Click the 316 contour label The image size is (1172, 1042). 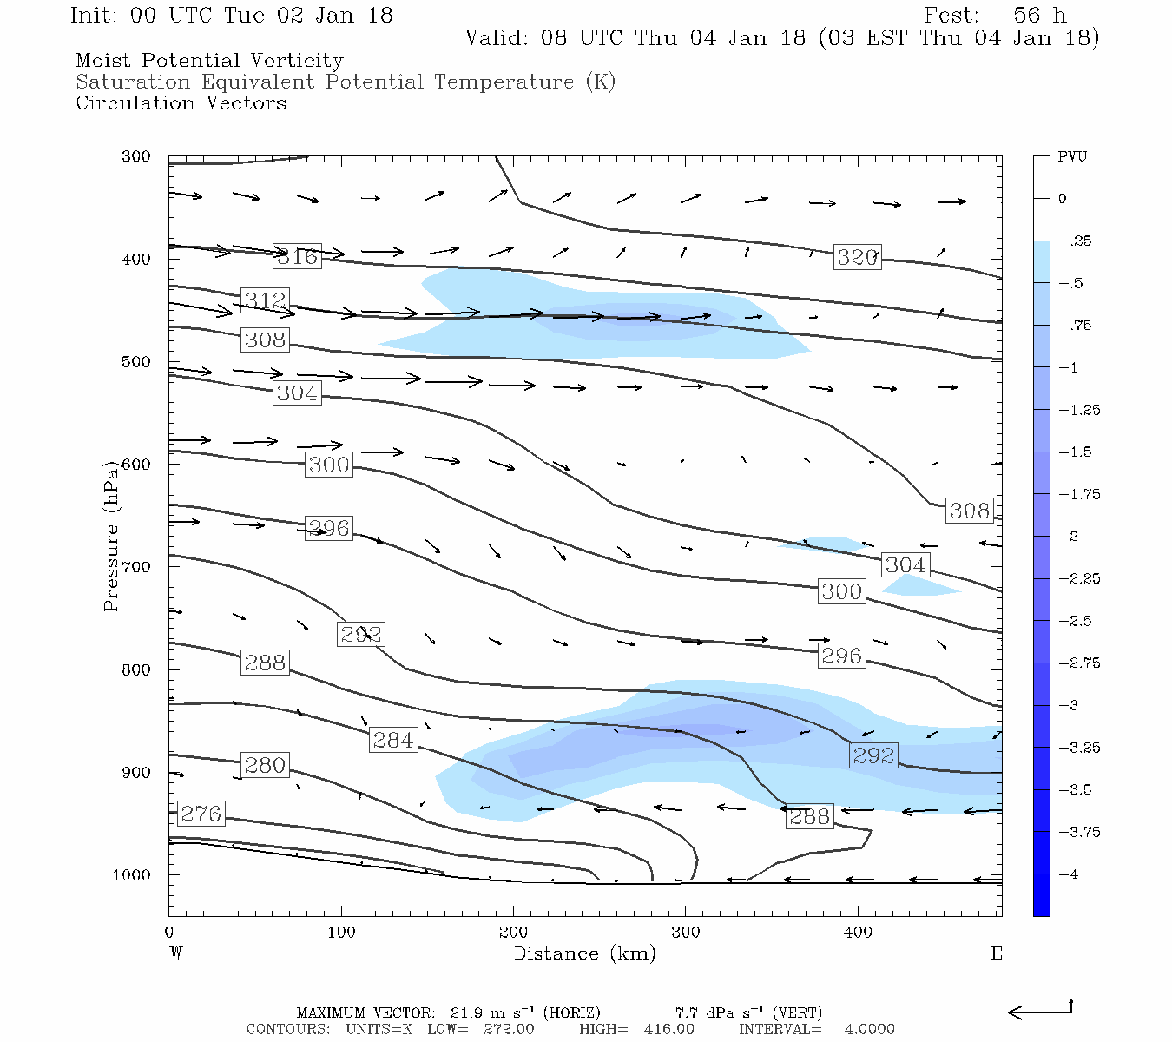pos(297,256)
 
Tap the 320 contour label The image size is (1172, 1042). pos(857,257)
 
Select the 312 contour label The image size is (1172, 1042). pos(265,300)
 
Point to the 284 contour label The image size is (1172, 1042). pos(393,740)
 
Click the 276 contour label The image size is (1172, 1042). pos(201,814)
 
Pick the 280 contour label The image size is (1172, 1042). pos(265,765)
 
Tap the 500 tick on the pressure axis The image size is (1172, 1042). pos(136,362)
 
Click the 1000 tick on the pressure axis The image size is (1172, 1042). pos(132,875)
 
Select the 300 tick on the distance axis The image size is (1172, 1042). pos(686,933)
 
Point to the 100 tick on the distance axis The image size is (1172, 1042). pos(341,933)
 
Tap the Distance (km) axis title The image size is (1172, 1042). pos(584,953)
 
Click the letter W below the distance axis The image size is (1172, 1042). pos(176,953)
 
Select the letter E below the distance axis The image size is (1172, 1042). pos(997,953)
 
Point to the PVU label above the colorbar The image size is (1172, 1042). pos(1072,156)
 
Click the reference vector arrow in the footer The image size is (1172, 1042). pos(1040,1011)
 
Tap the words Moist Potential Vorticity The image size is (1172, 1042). pos(209,61)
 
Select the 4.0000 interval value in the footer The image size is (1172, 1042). pos(869,1029)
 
